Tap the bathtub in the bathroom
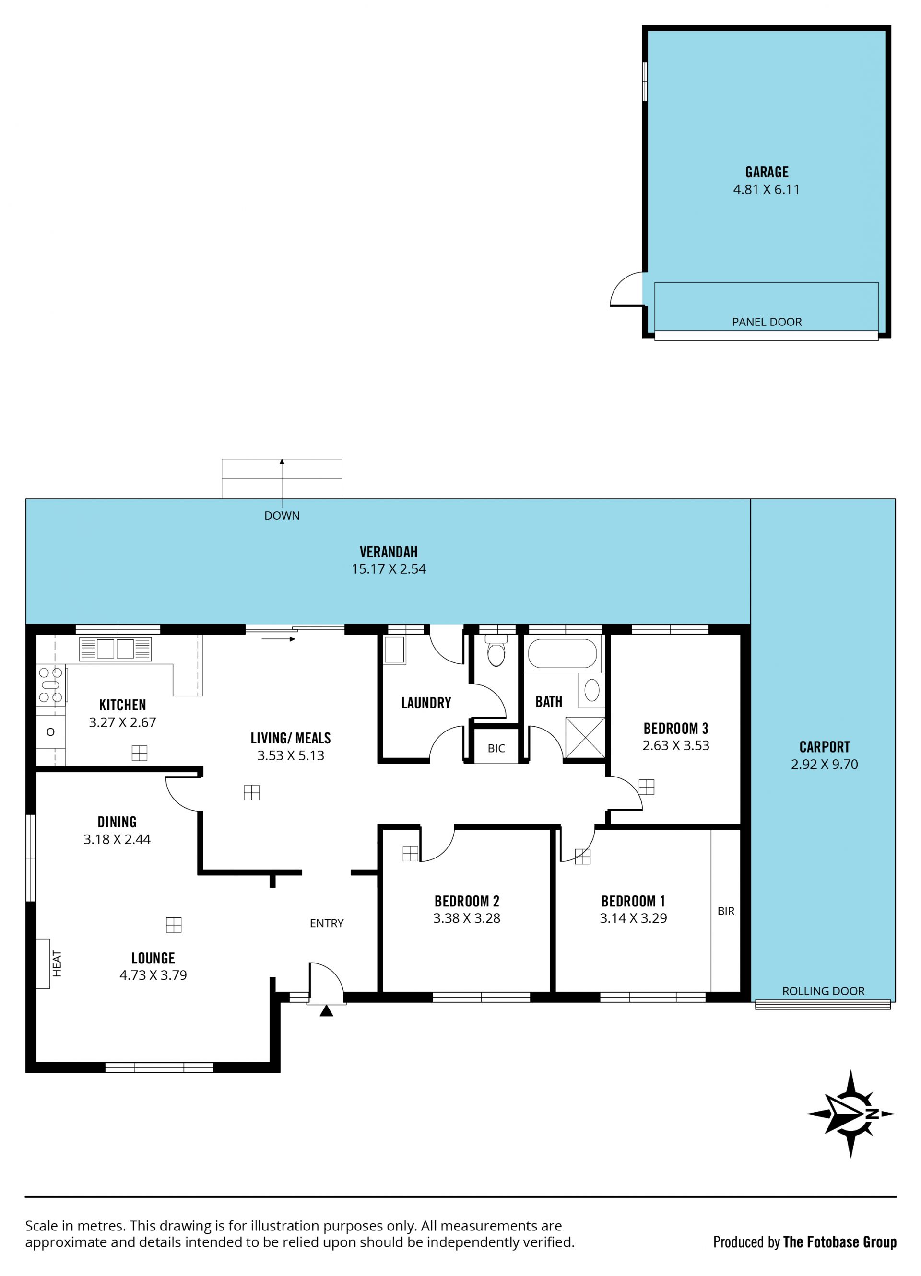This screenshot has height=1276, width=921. click(x=562, y=653)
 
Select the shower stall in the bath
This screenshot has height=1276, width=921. click(x=585, y=737)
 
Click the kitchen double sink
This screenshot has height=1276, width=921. click(x=116, y=649)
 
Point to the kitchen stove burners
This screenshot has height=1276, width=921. click(x=51, y=684)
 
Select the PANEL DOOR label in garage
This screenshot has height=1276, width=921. click(x=767, y=322)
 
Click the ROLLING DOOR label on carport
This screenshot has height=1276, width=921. click(x=823, y=991)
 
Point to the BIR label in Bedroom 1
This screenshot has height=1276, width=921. click(x=726, y=911)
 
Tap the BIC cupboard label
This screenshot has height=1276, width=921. click(x=496, y=748)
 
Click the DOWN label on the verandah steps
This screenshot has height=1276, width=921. click(x=282, y=515)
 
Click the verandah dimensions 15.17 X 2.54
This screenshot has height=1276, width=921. click(x=389, y=569)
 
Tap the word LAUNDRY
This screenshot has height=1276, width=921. click(x=426, y=703)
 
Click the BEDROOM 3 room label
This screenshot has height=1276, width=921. click(x=675, y=729)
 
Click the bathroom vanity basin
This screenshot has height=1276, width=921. click(x=591, y=690)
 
